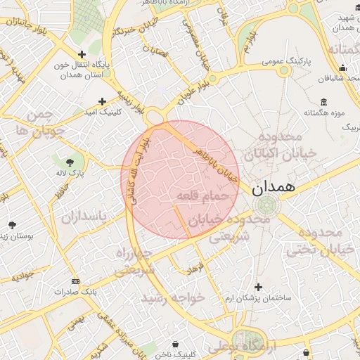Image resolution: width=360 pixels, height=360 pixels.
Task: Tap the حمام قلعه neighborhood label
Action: click(202, 195)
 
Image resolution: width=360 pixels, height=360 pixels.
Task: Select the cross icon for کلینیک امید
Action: click(103, 101)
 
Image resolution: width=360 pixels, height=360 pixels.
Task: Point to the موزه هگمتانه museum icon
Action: click(323, 101)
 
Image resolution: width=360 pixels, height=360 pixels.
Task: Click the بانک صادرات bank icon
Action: click(76, 280)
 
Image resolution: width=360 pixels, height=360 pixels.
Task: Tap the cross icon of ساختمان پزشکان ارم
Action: click(259, 287)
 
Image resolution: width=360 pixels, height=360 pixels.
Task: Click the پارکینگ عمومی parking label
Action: click(288, 63)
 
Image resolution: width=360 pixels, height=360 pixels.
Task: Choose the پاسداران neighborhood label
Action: click(82, 217)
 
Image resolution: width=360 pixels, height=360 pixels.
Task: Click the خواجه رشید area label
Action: click(172, 298)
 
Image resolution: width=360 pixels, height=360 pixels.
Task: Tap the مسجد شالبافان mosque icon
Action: click(342, 68)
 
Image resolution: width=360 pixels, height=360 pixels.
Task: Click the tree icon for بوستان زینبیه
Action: click(12, 225)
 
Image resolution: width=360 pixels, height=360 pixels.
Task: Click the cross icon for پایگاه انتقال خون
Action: click(82, 54)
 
